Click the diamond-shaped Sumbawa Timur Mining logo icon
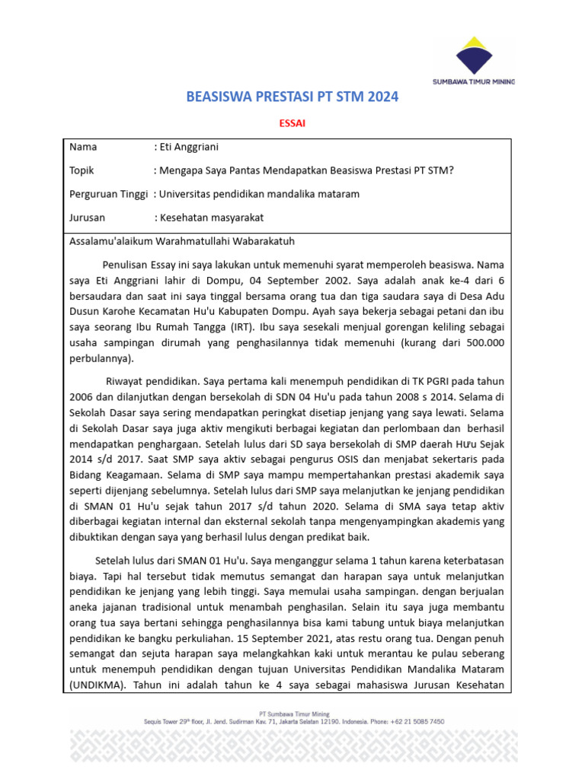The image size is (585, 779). tap(473, 55)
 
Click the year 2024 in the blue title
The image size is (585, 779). tap(382, 98)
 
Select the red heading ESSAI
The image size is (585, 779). tap(292, 124)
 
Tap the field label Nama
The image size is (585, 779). tap(83, 147)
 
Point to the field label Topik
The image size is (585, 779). tap(82, 170)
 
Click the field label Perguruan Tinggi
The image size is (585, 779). tap(107, 194)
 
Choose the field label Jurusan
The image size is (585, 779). tap(87, 218)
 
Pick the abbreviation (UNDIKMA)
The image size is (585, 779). tap(100, 685)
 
